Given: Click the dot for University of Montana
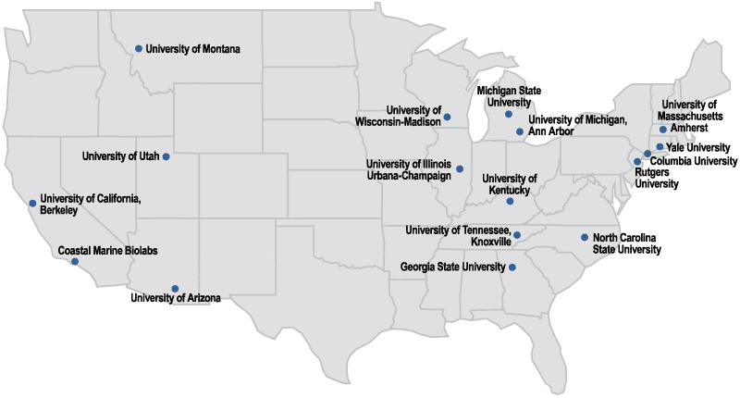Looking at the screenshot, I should click(x=139, y=48).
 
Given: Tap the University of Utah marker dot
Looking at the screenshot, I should click(x=166, y=156).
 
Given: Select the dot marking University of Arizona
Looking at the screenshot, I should click(x=175, y=288).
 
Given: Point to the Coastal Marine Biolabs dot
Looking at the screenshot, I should click(x=75, y=262).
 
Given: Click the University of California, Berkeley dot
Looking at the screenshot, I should click(x=32, y=203).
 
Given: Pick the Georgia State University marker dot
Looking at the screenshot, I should click(x=512, y=267).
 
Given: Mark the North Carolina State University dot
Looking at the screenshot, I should click(x=585, y=237).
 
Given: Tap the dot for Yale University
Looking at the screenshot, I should click(x=660, y=147).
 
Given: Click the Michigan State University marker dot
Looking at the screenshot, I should click(x=509, y=115).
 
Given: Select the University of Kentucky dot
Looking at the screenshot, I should click(x=510, y=201).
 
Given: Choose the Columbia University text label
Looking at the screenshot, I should click(x=695, y=161).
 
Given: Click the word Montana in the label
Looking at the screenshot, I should click(x=217, y=49).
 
